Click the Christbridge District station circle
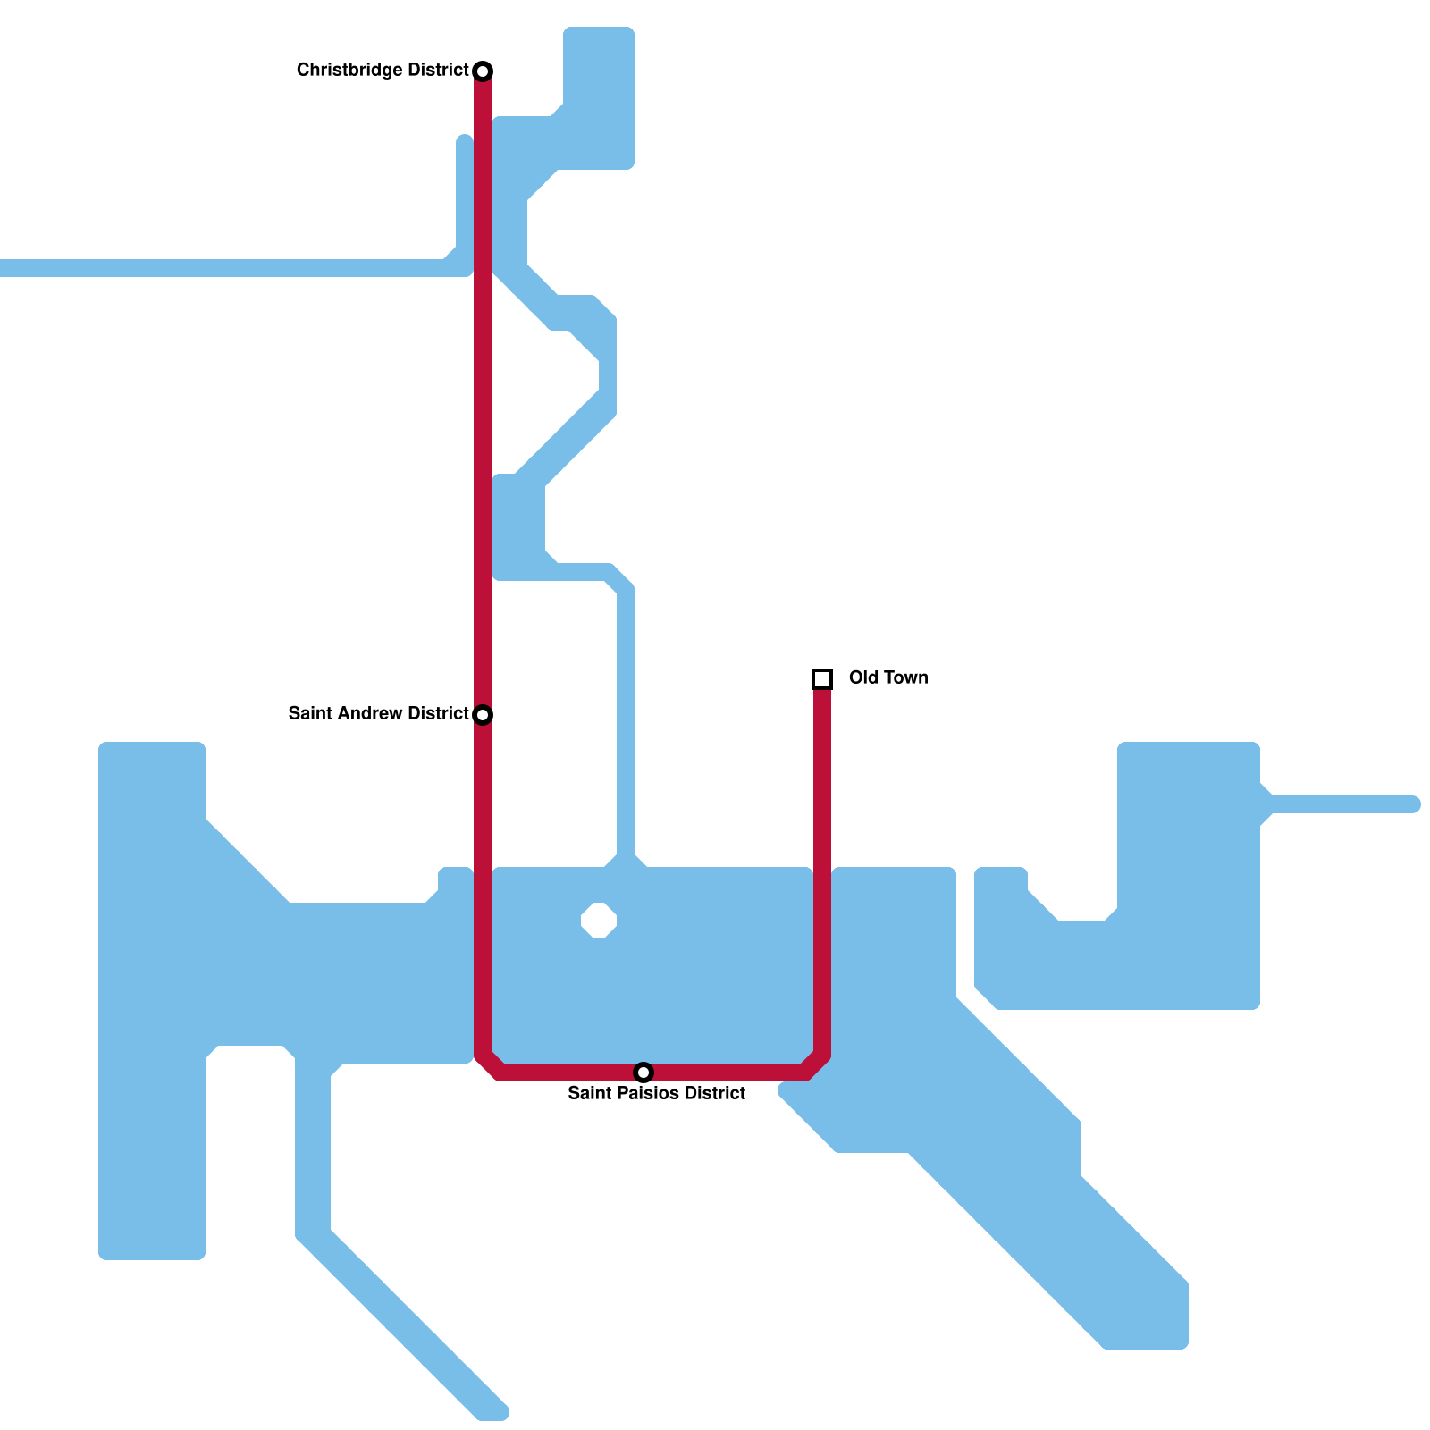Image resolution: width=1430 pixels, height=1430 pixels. pos(483,71)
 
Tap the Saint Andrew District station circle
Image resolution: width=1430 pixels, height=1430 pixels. pos(483,714)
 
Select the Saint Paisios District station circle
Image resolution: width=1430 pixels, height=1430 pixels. pos(643,1072)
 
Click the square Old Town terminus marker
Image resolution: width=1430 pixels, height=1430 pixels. pos(822,679)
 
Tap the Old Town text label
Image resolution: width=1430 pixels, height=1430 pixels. pos(887,677)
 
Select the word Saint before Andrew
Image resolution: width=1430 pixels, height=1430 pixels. pos(308,713)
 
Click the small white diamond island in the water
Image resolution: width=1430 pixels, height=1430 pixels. pos(599,921)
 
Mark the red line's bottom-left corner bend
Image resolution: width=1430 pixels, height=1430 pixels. pos(488,1066)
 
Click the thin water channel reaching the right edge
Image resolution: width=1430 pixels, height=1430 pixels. pos(1341,804)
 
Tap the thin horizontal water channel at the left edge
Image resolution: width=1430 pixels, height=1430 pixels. pos(223,268)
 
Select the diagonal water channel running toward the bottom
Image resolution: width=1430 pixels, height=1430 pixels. pos(402,1323)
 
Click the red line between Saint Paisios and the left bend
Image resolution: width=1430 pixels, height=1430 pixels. pos(563,1072)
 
